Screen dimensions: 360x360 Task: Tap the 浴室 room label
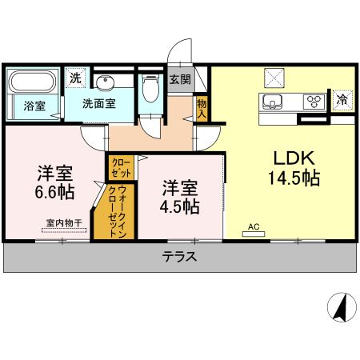tap(34, 106)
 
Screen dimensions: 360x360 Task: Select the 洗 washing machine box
tap(74, 78)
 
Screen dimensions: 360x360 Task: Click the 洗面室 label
tap(100, 104)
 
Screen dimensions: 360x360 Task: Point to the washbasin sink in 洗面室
tap(105, 83)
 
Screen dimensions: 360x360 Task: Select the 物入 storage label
tap(202, 108)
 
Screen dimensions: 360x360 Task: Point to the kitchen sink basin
tap(271, 101)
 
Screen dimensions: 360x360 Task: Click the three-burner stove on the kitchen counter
tap(314, 101)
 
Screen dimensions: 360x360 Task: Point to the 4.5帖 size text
tap(180, 206)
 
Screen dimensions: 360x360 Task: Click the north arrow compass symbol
tap(341, 307)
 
